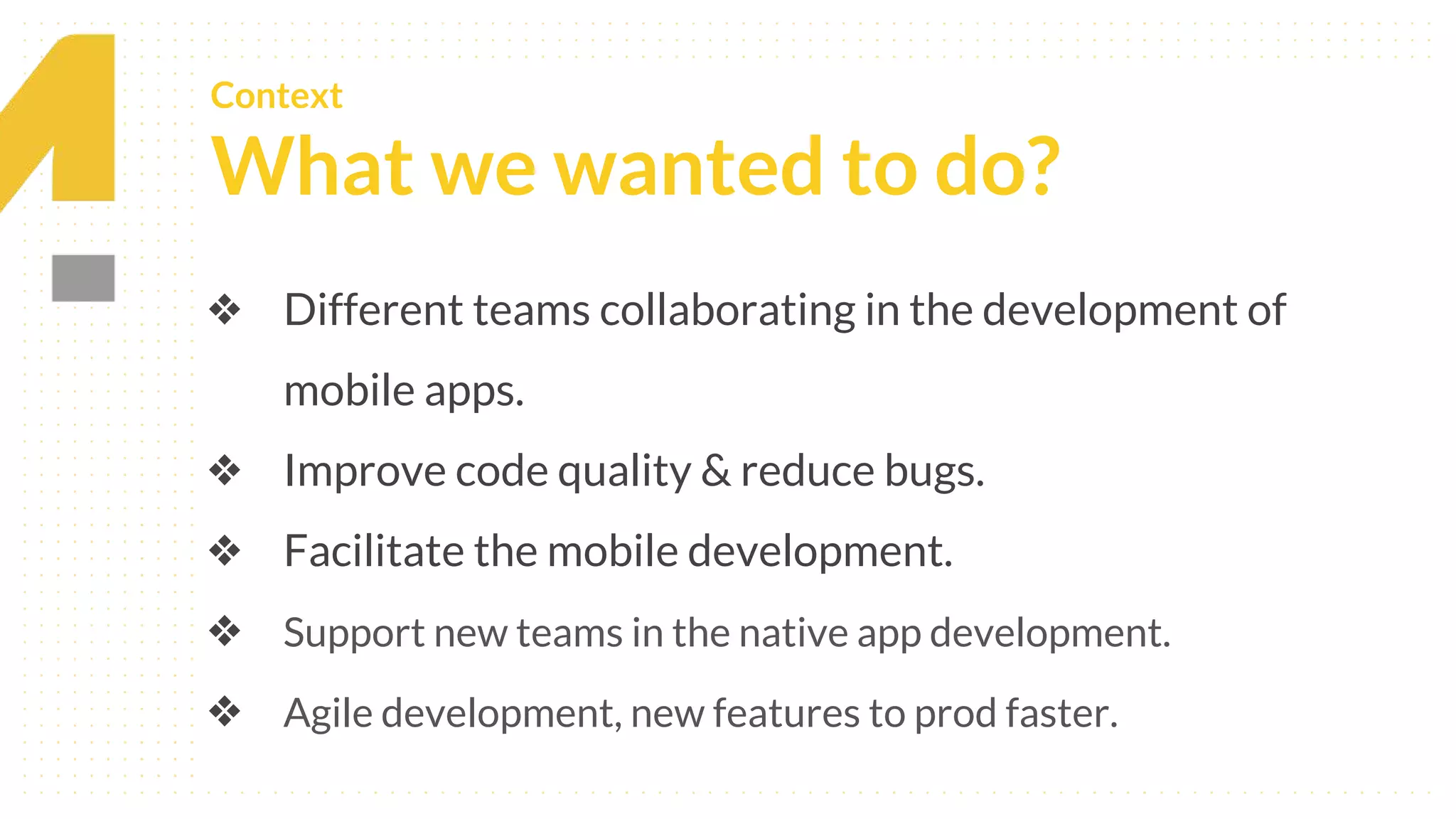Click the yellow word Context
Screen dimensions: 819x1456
click(x=276, y=96)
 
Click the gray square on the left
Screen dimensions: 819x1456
click(x=83, y=278)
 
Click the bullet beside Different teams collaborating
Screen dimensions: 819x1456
click(x=225, y=310)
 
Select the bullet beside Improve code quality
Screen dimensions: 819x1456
click(x=225, y=471)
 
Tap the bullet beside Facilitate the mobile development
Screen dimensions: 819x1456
click(x=225, y=551)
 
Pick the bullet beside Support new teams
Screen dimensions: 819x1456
click(x=225, y=631)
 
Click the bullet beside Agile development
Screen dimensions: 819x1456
click(x=225, y=712)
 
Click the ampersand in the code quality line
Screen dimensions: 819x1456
click(x=715, y=471)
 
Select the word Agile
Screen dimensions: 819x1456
click(x=328, y=714)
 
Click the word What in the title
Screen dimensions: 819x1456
click(x=312, y=167)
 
